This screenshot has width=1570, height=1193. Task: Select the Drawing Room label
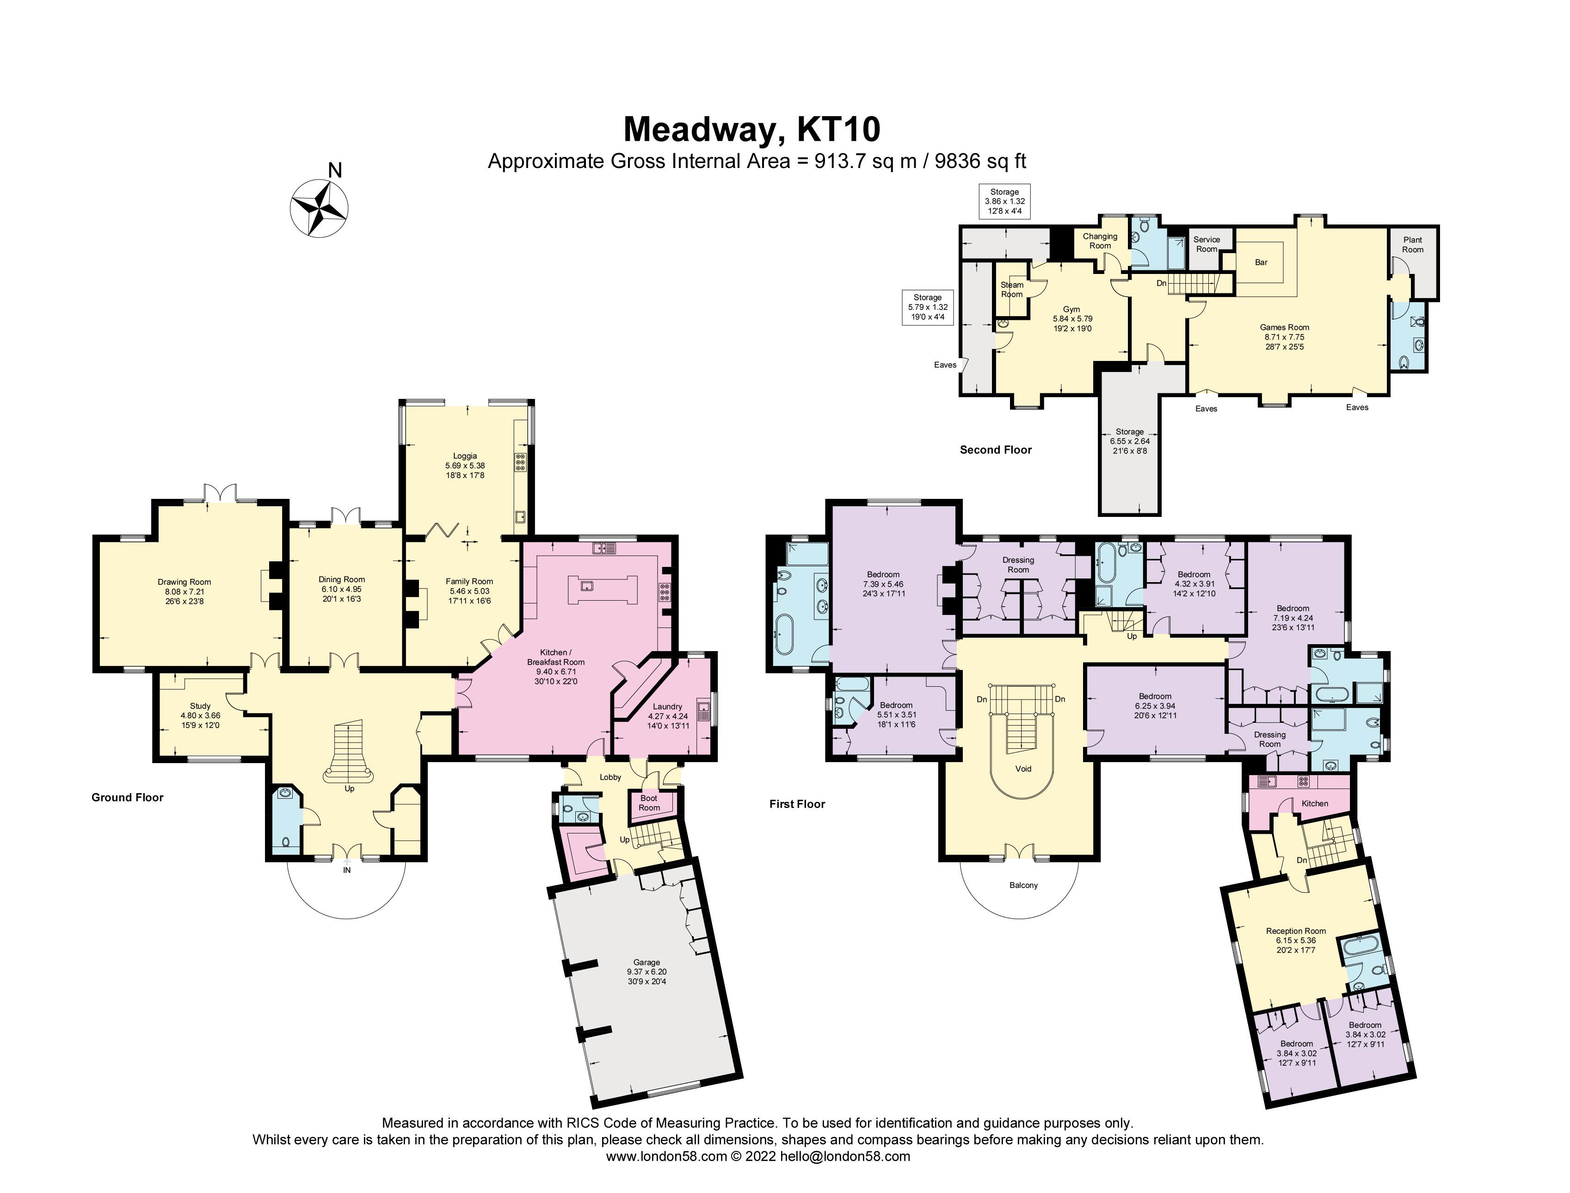[x=185, y=582]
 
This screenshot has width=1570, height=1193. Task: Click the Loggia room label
[x=466, y=456]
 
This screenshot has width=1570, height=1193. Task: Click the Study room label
[x=200, y=706]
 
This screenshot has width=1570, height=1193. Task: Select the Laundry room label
[x=668, y=707]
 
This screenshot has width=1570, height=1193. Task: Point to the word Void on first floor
[x=1023, y=768]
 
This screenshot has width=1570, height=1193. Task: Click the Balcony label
[x=1023, y=885]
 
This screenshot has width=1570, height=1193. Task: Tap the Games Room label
[x=1285, y=327]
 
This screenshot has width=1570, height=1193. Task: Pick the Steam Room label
[x=1012, y=290]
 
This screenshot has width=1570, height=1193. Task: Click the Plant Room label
[x=1412, y=244]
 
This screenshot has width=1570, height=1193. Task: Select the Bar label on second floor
[x=1261, y=262]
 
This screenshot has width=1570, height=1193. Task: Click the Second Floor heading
[x=996, y=449]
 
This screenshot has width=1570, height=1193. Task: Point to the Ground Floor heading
[x=128, y=797]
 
